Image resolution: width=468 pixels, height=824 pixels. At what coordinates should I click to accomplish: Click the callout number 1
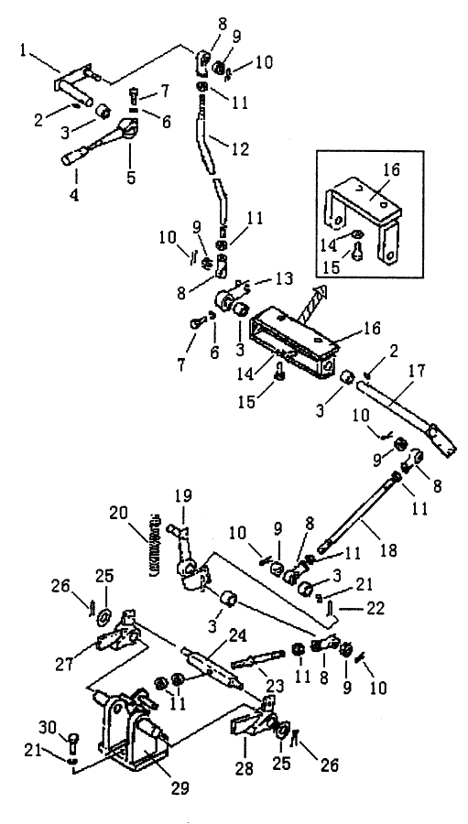point(24,50)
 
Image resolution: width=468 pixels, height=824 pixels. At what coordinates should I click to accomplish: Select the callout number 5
point(130,177)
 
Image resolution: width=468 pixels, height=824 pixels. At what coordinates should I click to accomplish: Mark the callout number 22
point(374,608)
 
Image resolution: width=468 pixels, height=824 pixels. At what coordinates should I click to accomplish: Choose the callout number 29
point(181,788)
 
